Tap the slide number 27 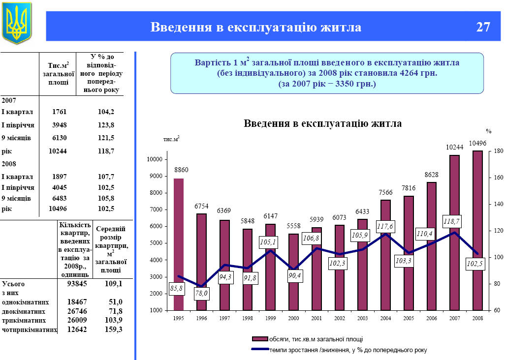(483, 27)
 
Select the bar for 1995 (178, 244)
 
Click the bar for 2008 (477, 230)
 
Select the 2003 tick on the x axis (362, 319)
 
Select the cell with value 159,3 (114, 329)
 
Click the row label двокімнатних (24, 311)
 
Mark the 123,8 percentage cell (106, 125)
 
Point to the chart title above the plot (322, 123)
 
